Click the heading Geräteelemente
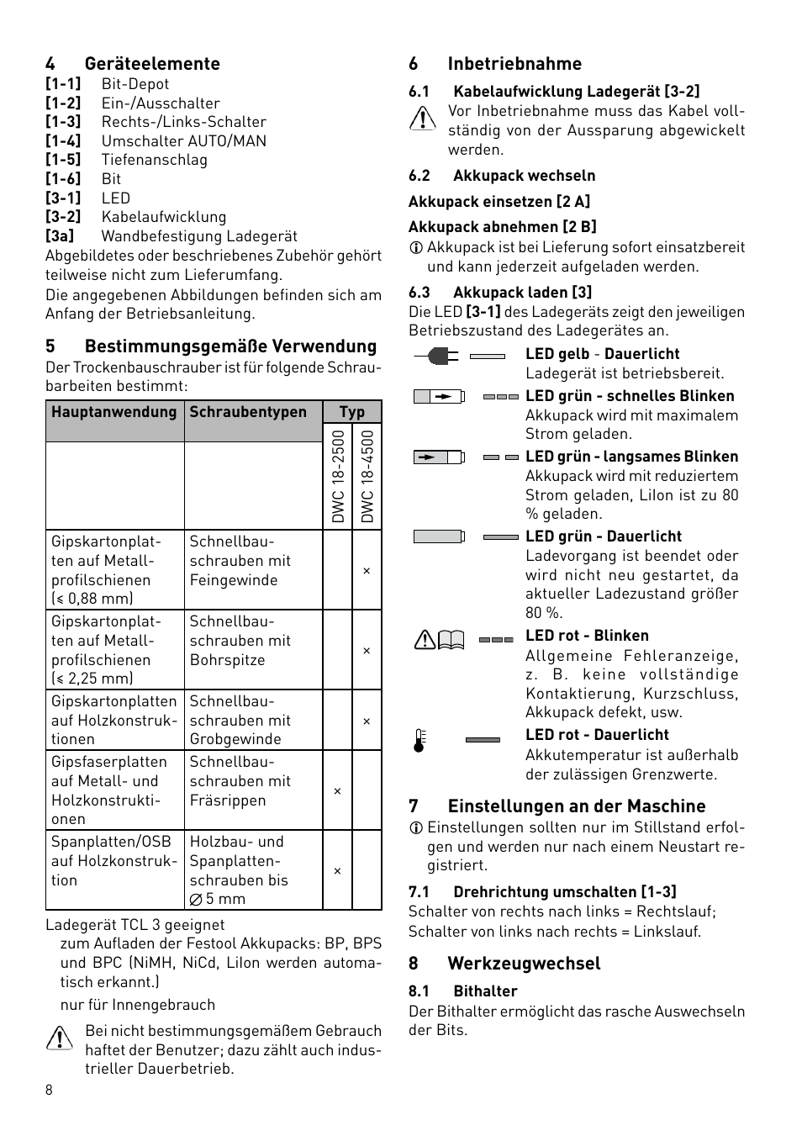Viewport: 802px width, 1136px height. point(152,64)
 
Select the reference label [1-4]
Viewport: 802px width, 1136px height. point(63,141)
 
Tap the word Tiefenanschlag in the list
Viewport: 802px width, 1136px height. point(154,160)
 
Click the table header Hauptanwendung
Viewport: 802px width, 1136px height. point(114,412)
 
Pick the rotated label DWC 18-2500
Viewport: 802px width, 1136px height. point(338,477)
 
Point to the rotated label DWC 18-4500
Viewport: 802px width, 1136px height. point(367,477)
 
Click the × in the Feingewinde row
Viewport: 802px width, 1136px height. point(367,571)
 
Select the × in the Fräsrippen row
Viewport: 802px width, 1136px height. point(337,791)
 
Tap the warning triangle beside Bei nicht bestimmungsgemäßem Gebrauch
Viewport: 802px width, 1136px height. point(60,1038)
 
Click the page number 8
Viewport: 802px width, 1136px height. point(49,1091)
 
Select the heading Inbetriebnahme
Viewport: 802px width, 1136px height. point(514,64)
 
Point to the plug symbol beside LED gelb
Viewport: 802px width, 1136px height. point(436,356)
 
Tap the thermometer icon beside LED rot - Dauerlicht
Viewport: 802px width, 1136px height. point(419,741)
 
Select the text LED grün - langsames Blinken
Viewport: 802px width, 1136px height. point(631,457)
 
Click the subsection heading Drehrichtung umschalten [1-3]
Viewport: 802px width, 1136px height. point(564,891)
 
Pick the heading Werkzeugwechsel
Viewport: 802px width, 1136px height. point(524,964)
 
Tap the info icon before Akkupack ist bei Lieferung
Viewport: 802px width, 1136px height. point(415,248)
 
